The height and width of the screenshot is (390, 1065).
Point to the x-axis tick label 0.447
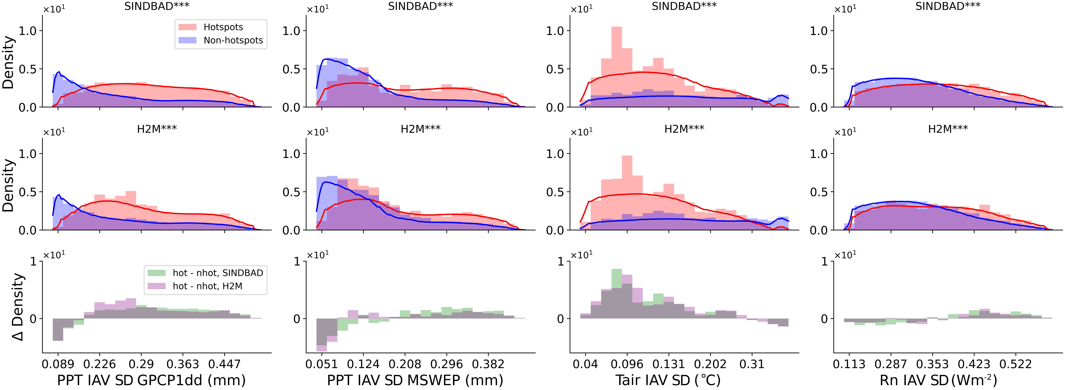pos(224,364)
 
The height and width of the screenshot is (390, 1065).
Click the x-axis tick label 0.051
pos(322,364)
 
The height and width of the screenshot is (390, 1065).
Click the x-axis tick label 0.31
pos(752,364)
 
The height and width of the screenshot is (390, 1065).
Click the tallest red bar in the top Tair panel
pos(616,66)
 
